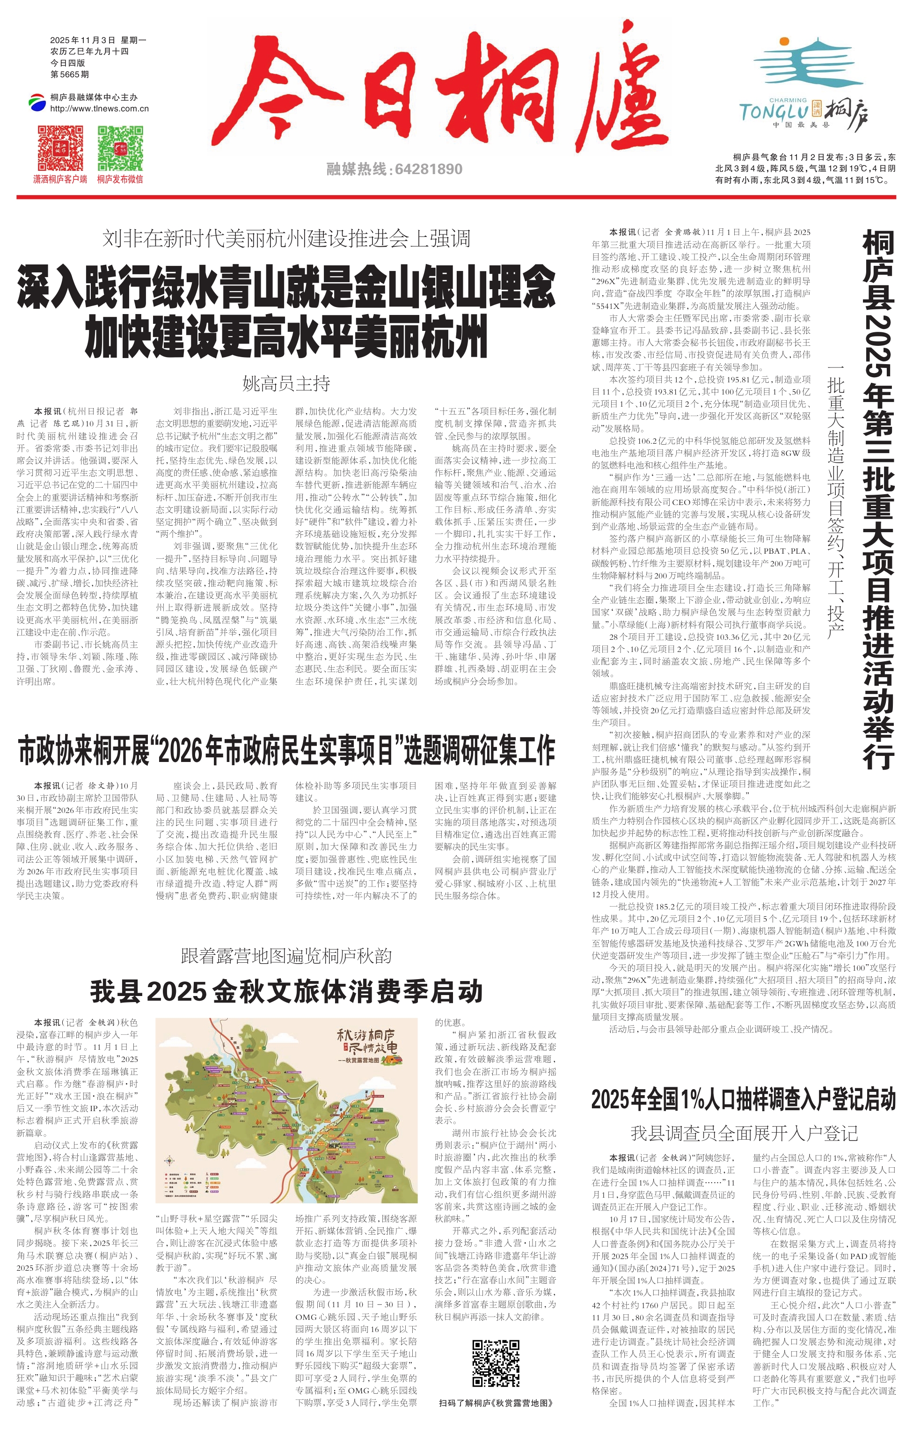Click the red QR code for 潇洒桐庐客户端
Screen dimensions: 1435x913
coord(60,148)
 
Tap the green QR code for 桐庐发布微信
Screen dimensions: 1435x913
coord(120,148)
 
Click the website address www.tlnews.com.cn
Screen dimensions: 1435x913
coord(100,109)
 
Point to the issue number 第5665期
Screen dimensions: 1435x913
coord(70,74)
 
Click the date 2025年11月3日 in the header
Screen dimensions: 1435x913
coord(83,40)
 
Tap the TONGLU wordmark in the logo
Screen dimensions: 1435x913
coord(774,111)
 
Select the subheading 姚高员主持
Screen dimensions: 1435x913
coord(286,383)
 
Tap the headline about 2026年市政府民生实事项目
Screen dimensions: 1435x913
coord(286,751)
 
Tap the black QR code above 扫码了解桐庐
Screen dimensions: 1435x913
coord(496,1363)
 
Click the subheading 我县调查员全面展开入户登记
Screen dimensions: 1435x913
coord(743,1133)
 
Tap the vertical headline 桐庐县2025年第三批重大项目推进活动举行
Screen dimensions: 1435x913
coord(877,501)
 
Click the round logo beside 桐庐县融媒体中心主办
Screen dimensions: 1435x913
coord(37,102)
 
